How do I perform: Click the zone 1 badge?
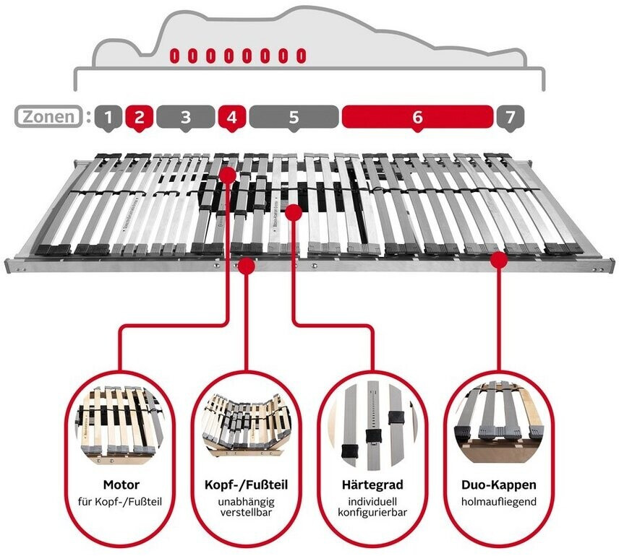coord(108,116)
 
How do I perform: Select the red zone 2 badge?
coord(140,116)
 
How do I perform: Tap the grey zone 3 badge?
coord(185,116)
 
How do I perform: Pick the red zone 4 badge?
coord(231,116)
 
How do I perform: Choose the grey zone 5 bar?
coord(294,116)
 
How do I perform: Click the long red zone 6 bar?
coord(417,116)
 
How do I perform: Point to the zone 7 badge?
coord(510,116)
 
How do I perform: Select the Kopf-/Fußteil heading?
coord(246,485)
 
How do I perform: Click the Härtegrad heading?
coord(372,485)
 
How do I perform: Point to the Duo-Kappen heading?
coord(498,485)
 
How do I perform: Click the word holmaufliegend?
coord(498,500)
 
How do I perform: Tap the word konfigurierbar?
coord(372,513)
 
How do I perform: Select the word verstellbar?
coord(246,513)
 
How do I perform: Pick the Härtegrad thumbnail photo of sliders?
coord(372,422)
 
